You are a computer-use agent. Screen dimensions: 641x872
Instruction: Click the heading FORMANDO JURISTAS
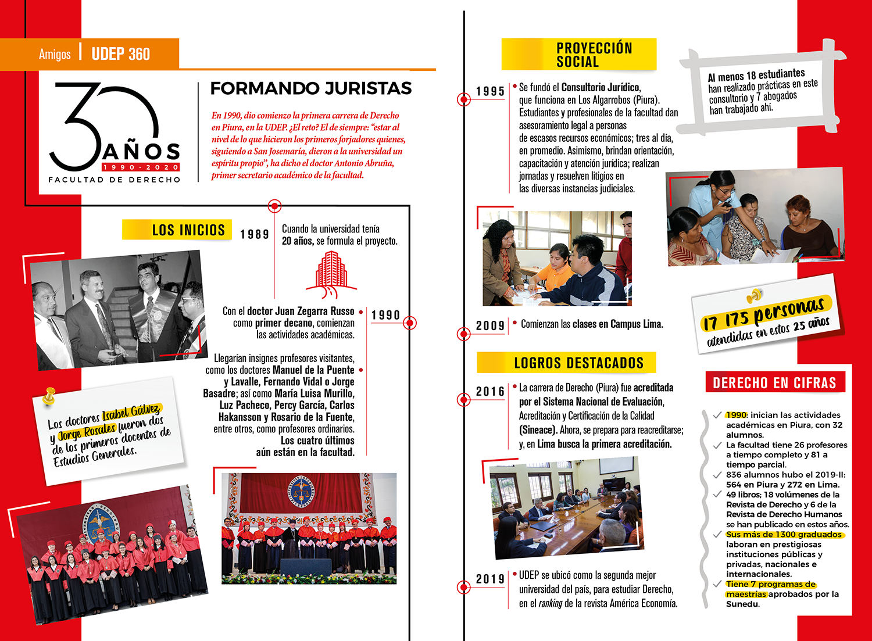(310, 88)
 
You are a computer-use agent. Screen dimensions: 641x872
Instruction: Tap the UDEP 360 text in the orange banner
(120, 54)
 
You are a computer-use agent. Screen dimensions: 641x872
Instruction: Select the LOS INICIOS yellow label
(188, 230)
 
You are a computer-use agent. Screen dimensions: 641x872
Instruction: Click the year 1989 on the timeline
(255, 234)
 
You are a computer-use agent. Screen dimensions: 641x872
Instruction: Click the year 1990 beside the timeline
(385, 315)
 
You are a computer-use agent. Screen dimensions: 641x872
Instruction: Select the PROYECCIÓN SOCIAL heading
(594, 55)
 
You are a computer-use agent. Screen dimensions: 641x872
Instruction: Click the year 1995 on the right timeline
(490, 91)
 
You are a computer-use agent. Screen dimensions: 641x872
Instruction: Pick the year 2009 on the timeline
(490, 325)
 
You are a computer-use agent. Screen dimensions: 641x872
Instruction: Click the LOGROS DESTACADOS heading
(578, 363)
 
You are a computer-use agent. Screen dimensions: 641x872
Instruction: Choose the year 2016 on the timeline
(490, 392)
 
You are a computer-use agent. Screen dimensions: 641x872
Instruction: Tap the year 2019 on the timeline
(490, 579)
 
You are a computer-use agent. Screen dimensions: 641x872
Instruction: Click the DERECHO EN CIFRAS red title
(774, 383)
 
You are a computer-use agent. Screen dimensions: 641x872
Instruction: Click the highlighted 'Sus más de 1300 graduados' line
(784, 535)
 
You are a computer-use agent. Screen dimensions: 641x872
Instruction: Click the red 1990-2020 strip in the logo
(141, 167)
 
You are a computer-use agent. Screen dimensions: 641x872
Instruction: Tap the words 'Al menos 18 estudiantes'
(756, 76)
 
